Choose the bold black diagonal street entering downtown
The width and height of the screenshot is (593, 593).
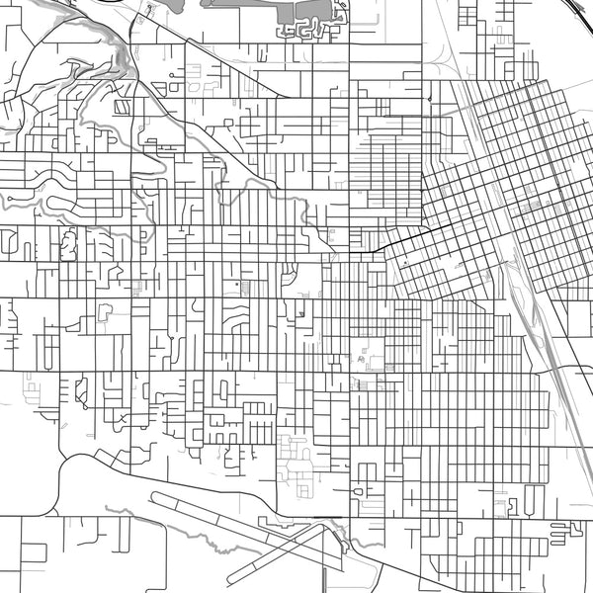(x=395, y=242)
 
